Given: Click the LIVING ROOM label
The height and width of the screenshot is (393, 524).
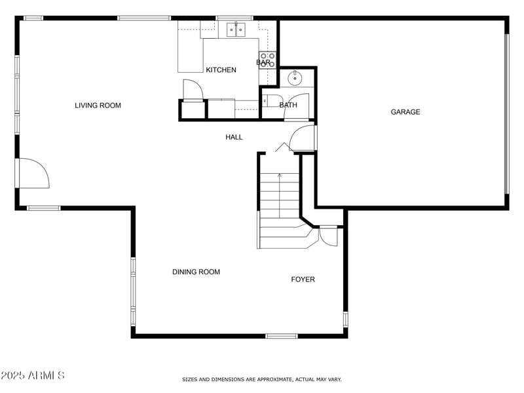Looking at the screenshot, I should point(98,105).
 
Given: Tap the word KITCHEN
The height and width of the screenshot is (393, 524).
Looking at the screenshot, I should point(221,70).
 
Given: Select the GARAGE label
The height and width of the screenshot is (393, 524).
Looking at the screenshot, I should point(405,112).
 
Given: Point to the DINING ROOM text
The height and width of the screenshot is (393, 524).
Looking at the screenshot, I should point(196,272).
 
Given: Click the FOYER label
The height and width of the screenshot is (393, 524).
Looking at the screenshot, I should point(303,279).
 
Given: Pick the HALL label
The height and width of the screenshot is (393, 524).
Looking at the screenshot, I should point(234,137).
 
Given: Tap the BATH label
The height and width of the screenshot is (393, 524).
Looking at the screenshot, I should point(288,105).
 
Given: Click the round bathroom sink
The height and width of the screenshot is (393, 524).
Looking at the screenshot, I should point(295,79).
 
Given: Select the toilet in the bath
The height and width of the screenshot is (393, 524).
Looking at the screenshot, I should point(268,101).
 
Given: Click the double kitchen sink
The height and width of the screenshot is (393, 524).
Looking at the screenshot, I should point(235,29).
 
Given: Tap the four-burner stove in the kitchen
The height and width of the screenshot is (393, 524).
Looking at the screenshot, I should point(267,60).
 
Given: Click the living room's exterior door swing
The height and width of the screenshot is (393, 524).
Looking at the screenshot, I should point(33,173).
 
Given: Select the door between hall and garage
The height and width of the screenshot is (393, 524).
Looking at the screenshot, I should point(303,138).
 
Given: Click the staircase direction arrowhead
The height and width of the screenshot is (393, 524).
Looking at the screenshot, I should point(280,175).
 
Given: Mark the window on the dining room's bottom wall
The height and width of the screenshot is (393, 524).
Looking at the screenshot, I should point(281,336).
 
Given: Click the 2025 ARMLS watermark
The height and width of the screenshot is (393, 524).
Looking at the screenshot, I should point(33,375).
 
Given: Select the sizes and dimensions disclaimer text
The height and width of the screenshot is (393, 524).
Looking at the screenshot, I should point(261,379).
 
